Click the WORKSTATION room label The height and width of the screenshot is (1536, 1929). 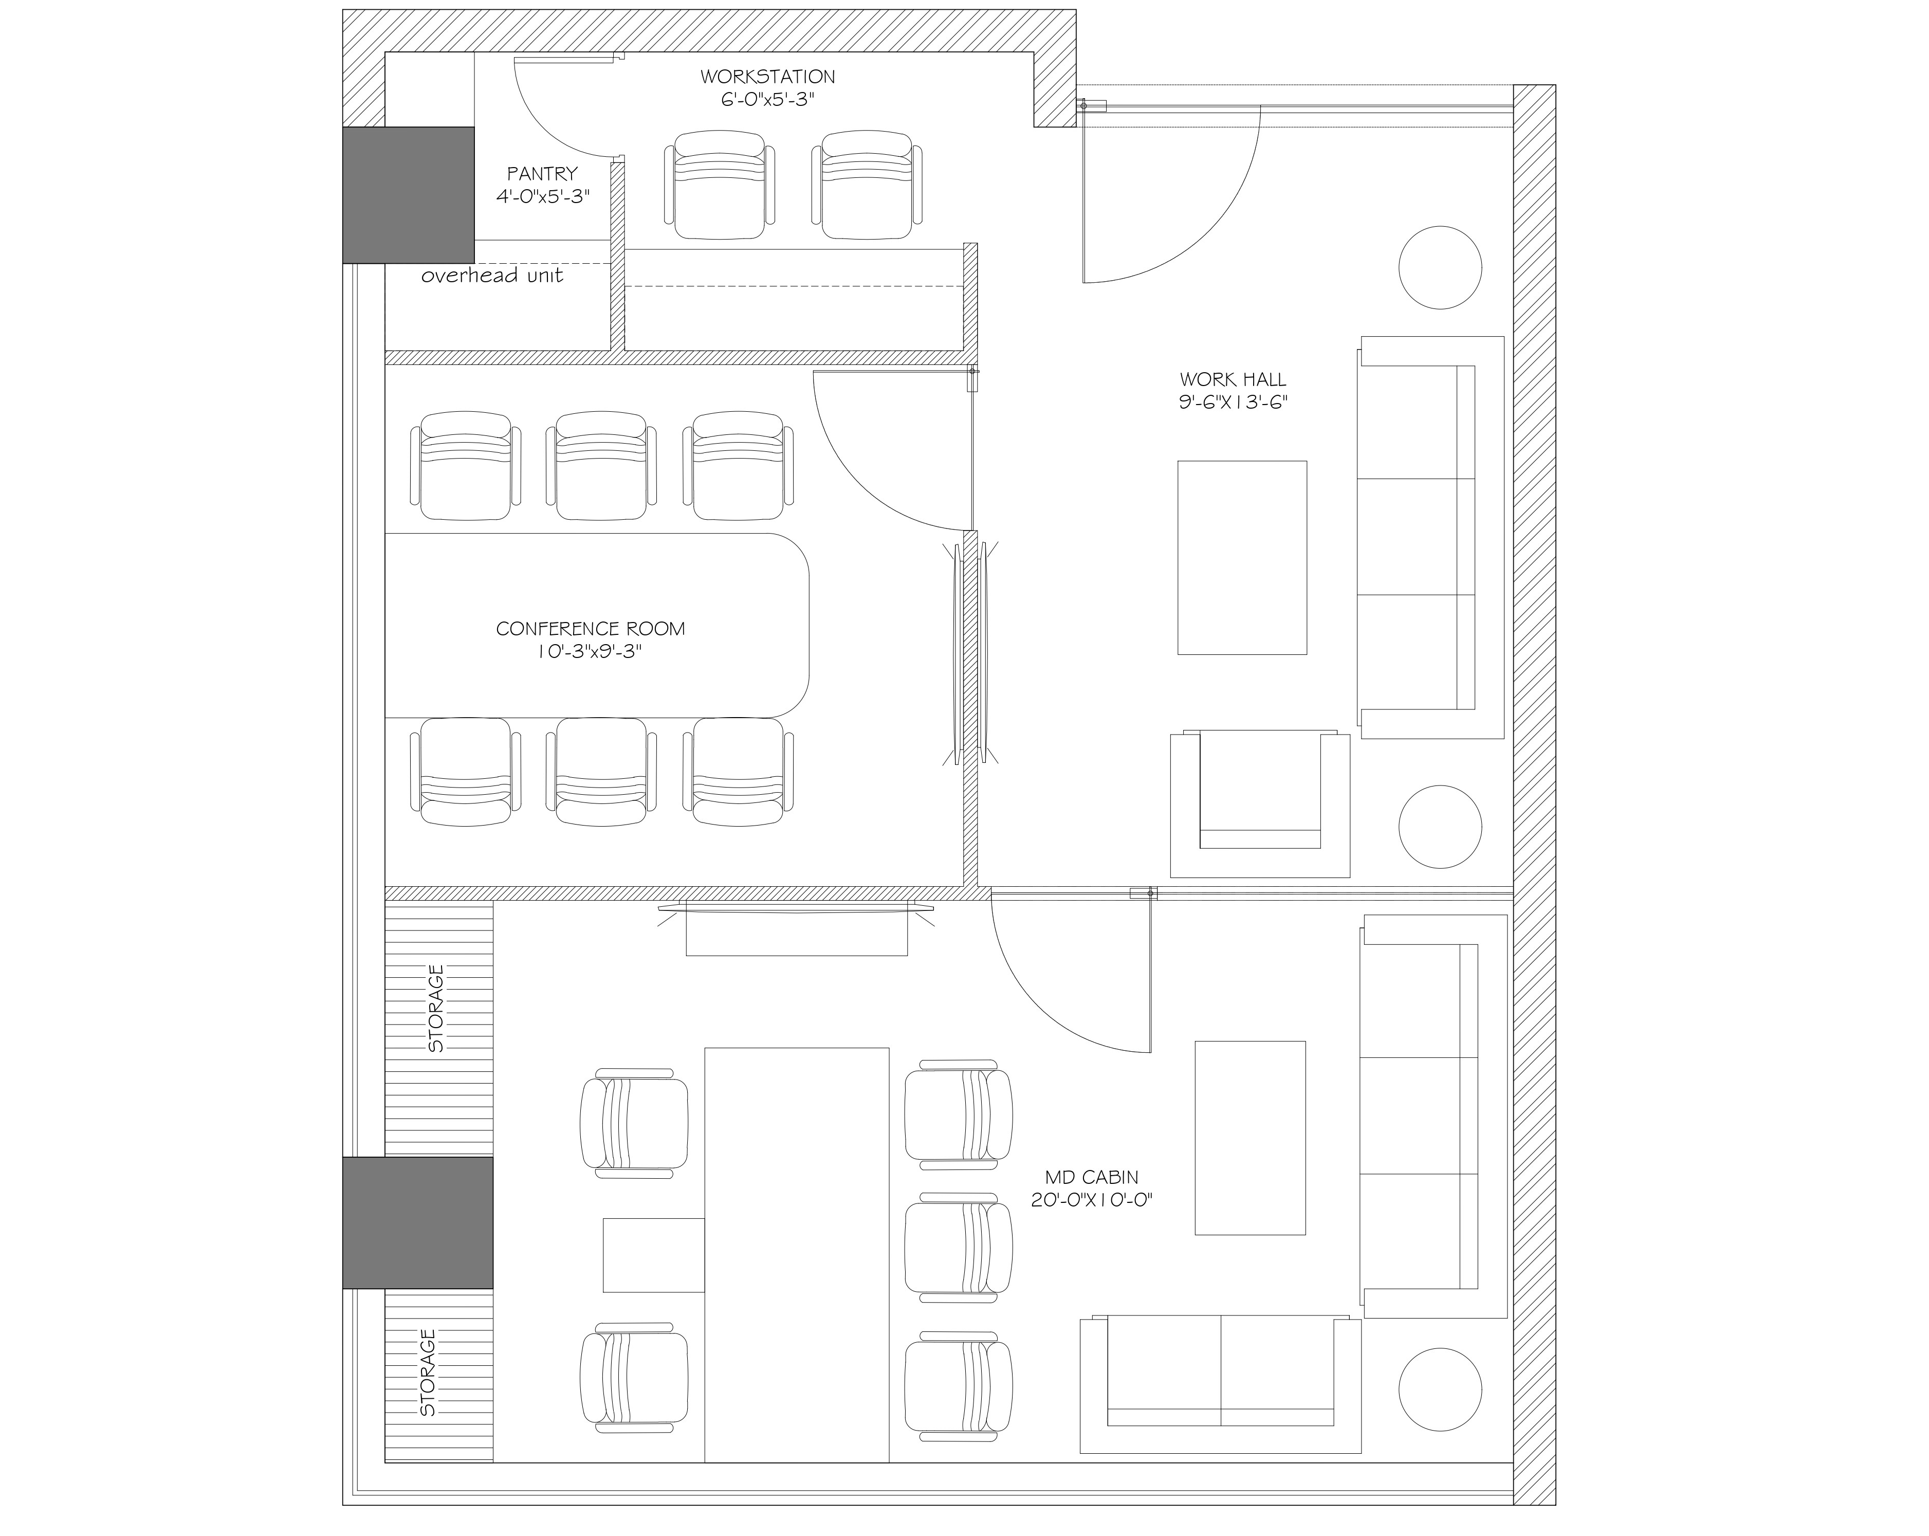click(768, 77)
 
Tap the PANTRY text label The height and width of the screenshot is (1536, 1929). click(542, 174)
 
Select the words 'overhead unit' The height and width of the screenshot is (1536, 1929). click(492, 276)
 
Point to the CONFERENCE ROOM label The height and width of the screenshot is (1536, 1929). click(591, 629)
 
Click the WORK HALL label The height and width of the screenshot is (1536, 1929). click(1233, 380)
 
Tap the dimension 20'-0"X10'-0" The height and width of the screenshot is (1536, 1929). click(1091, 1200)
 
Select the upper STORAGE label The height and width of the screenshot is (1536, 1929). click(436, 1008)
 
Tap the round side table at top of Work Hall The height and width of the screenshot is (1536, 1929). click(1441, 268)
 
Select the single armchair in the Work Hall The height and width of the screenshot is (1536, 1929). click(1260, 804)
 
